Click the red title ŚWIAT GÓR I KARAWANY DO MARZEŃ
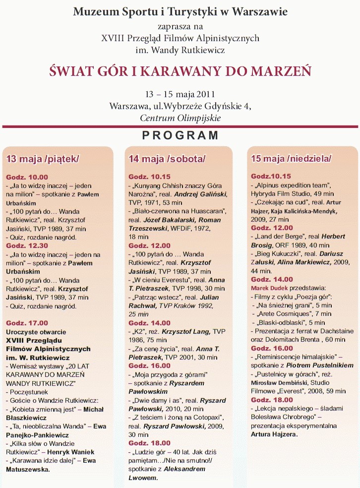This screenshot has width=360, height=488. pyautogui.click(x=180, y=71)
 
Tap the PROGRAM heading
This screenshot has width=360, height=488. pyautogui.click(x=180, y=135)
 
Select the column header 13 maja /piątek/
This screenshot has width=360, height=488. pyautogui.click(x=43, y=159)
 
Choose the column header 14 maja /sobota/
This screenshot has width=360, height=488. pyautogui.click(x=167, y=159)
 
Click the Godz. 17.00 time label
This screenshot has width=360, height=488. pyautogui.click(x=27, y=323)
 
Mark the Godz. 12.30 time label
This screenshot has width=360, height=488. pyautogui.click(x=27, y=245)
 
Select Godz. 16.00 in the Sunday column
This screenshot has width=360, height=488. pyautogui.click(x=272, y=349)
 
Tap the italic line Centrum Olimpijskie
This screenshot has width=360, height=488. pyautogui.click(x=180, y=118)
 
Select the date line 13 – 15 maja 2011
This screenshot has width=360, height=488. pyautogui.click(x=180, y=94)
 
